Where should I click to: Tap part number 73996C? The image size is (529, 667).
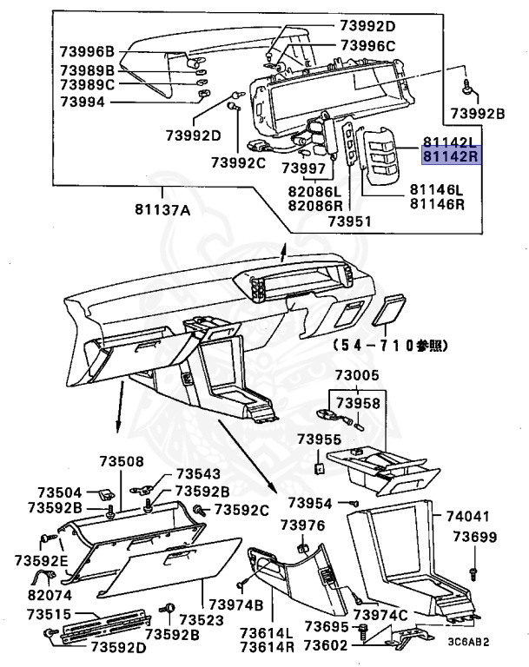[367, 45]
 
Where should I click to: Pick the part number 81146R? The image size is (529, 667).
[437, 205]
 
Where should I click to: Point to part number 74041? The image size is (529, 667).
[468, 515]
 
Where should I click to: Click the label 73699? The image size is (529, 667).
[473, 538]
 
